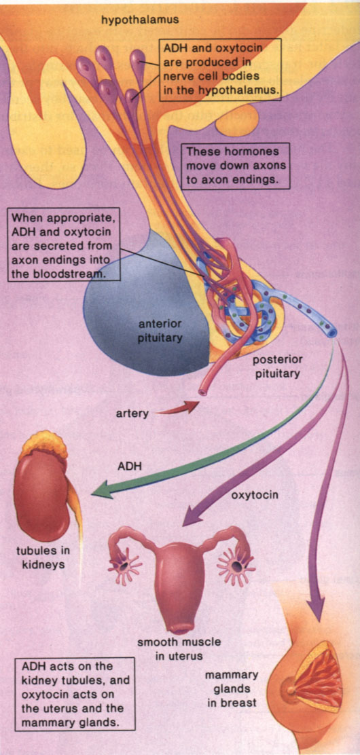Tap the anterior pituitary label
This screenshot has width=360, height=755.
(x=160, y=331)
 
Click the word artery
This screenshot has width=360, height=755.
(x=132, y=413)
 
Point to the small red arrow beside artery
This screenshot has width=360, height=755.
(x=178, y=407)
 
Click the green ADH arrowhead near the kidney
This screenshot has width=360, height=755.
(x=102, y=490)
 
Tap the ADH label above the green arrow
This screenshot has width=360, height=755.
(x=129, y=466)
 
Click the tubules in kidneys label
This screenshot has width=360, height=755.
(x=43, y=557)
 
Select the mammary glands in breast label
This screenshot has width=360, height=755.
(x=232, y=688)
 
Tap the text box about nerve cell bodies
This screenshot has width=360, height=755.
(x=221, y=70)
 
